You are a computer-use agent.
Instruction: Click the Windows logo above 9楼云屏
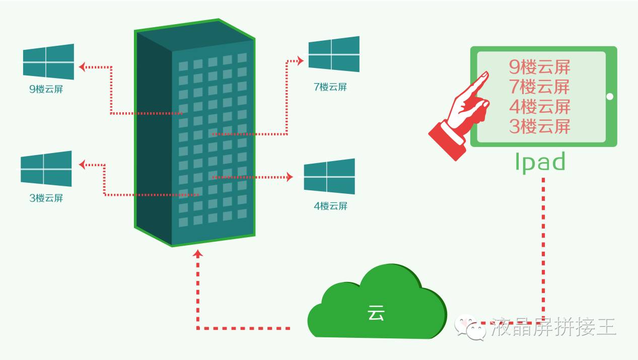pyautogui.click(x=49, y=61)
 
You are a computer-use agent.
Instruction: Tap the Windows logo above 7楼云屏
pyautogui.click(x=334, y=54)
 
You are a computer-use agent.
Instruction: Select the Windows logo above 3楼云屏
pyautogui.click(x=46, y=169)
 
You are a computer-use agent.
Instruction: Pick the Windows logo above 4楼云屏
pyautogui.click(x=329, y=176)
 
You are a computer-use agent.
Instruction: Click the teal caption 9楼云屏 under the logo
pyautogui.click(x=46, y=90)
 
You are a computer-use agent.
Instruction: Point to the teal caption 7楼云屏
pyautogui.click(x=330, y=87)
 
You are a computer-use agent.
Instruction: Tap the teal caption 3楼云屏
pyautogui.click(x=46, y=198)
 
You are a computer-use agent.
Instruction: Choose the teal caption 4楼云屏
pyautogui.click(x=330, y=206)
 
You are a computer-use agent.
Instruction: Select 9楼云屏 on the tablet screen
pyautogui.click(x=539, y=67)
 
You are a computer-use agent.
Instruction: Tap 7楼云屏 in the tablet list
pyautogui.click(x=539, y=87)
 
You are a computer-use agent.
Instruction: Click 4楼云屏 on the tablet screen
pyautogui.click(x=539, y=107)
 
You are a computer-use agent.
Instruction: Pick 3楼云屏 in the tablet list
pyautogui.click(x=539, y=126)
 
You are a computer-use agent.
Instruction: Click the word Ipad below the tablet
pyautogui.click(x=540, y=162)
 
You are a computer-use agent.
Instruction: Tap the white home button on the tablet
pyautogui.click(x=610, y=97)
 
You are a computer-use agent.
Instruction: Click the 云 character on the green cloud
pyautogui.click(x=376, y=313)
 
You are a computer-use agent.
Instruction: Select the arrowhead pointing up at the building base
pyautogui.click(x=198, y=254)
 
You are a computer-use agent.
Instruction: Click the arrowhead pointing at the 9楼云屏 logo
pyautogui.click(x=83, y=66)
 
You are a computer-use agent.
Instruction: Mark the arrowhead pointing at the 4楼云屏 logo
pyautogui.click(x=290, y=177)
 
